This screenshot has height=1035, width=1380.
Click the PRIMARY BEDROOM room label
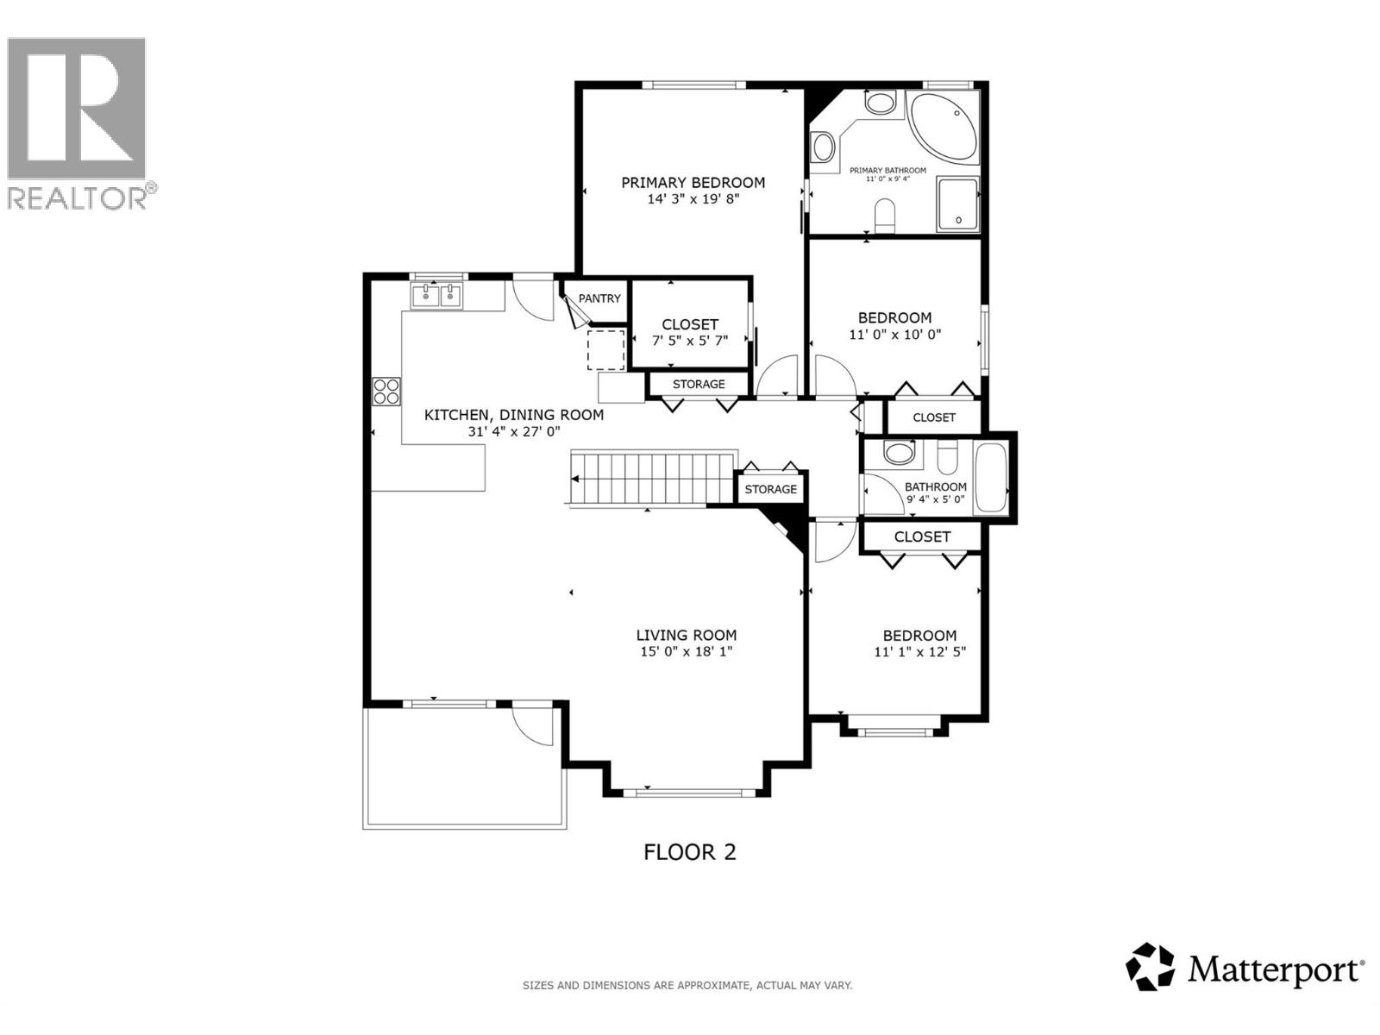tap(693, 182)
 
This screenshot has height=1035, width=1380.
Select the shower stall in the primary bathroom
tap(957, 204)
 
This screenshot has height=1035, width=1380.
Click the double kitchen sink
tap(438, 296)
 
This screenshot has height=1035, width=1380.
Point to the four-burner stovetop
tap(386, 392)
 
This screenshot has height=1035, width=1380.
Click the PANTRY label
tap(599, 298)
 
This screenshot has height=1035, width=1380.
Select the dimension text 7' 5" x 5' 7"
tap(689, 340)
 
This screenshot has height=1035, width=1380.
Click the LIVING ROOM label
tap(686, 635)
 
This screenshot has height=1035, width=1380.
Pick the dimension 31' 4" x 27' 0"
tap(514, 431)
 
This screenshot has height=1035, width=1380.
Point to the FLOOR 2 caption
tap(690, 852)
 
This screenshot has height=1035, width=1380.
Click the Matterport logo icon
tap(1151, 966)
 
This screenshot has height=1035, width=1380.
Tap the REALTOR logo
tap(78, 121)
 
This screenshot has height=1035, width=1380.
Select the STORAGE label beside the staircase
tap(770, 489)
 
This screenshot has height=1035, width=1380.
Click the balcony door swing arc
tap(532, 726)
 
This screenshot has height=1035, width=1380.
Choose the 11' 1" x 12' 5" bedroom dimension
tap(919, 652)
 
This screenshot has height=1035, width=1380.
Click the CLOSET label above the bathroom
tap(934, 417)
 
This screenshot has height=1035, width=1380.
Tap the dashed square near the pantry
tap(605, 349)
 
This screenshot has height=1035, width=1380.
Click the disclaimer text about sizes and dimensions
tap(687, 985)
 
